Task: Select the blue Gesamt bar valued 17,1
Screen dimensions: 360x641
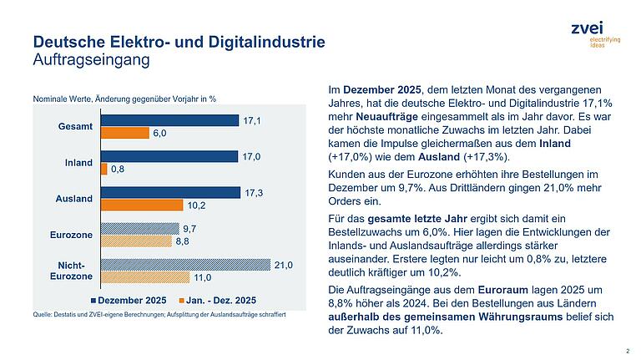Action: click(169, 120)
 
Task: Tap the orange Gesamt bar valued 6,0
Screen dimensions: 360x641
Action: click(124, 133)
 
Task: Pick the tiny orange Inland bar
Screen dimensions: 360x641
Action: click(103, 169)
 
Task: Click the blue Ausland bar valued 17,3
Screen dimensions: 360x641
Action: click(169, 192)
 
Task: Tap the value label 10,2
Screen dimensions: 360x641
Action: click(195, 205)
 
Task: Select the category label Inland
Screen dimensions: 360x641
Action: click(78, 162)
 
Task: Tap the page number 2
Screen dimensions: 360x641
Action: click(627, 351)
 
